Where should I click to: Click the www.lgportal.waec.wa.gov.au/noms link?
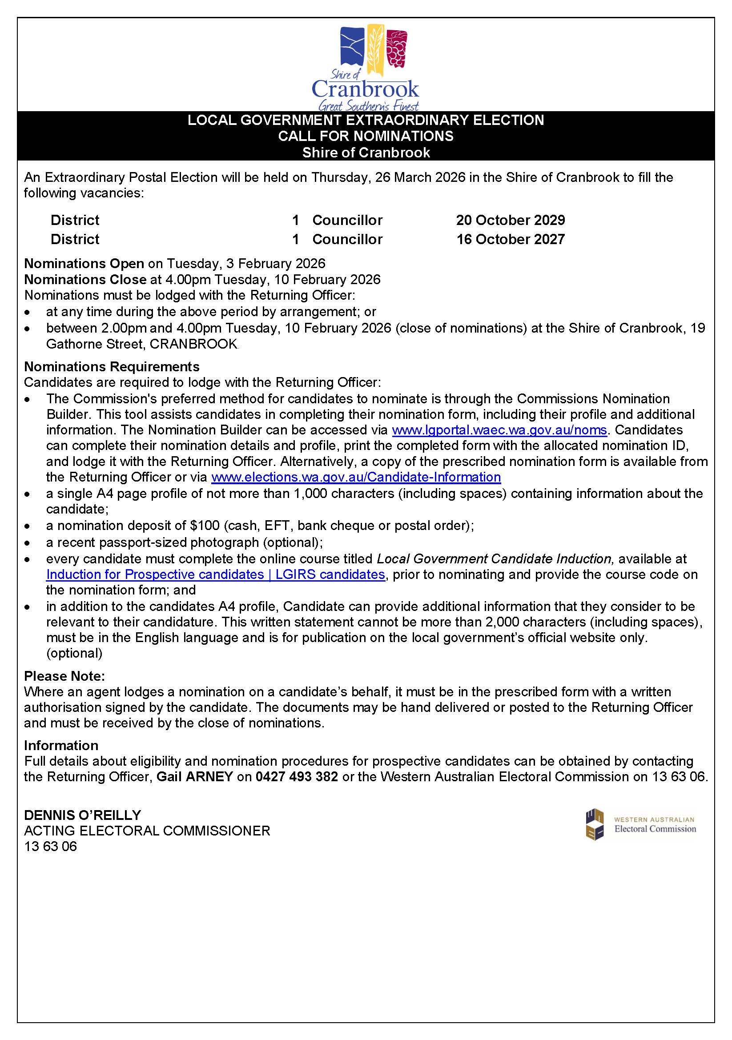(x=499, y=430)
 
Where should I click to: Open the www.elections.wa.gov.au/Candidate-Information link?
(x=356, y=477)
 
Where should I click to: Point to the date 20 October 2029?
(x=511, y=220)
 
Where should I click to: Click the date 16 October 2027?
(x=511, y=239)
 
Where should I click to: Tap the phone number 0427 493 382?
(x=297, y=776)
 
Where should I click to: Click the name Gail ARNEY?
(x=194, y=776)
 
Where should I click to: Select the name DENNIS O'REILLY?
(x=82, y=815)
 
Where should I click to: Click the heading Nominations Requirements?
(x=112, y=366)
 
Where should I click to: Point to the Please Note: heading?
(x=64, y=676)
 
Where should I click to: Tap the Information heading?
(x=61, y=745)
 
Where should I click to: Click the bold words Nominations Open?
(x=84, y=263)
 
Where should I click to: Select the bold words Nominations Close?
(x=85, y=279)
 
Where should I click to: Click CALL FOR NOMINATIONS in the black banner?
(x=366, y=136)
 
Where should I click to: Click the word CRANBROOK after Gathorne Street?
(x=193, y=344)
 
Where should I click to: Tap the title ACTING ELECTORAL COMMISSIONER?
(x=147, y=831)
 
